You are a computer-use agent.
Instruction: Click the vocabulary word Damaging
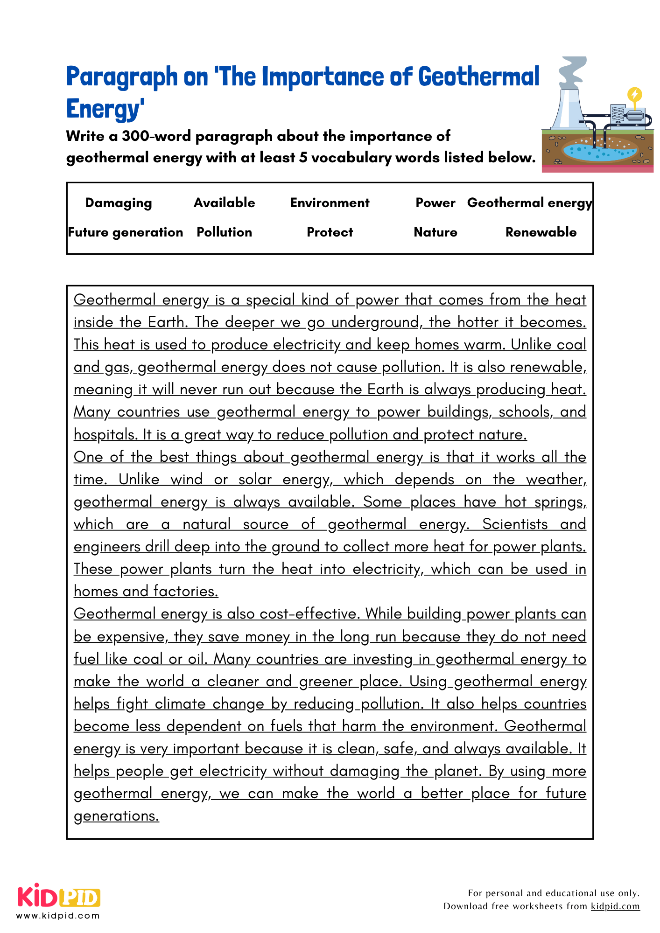[x=119, y=203]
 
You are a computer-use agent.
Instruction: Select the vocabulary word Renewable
[x=541, y=232]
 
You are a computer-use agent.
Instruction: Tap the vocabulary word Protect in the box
[x=330, y=232]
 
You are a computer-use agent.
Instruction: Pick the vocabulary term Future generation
[x=125, y=232]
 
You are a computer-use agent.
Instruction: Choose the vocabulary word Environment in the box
[x=330, y=203]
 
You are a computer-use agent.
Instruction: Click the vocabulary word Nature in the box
[x=435, y=232]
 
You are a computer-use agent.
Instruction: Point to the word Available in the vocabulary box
[x=224, y=203]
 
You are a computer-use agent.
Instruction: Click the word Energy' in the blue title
[x=105, y=109]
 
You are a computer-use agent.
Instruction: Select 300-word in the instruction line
[x=156, y=136]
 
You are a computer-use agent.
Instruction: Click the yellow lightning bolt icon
[x=634, y=95]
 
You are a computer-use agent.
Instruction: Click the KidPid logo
[x=59, y=896]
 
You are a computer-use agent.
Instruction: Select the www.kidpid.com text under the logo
[x=58, y=916]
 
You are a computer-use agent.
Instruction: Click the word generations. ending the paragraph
[x=116, y=816]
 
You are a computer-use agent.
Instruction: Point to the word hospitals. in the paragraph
[x=105, y=435]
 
